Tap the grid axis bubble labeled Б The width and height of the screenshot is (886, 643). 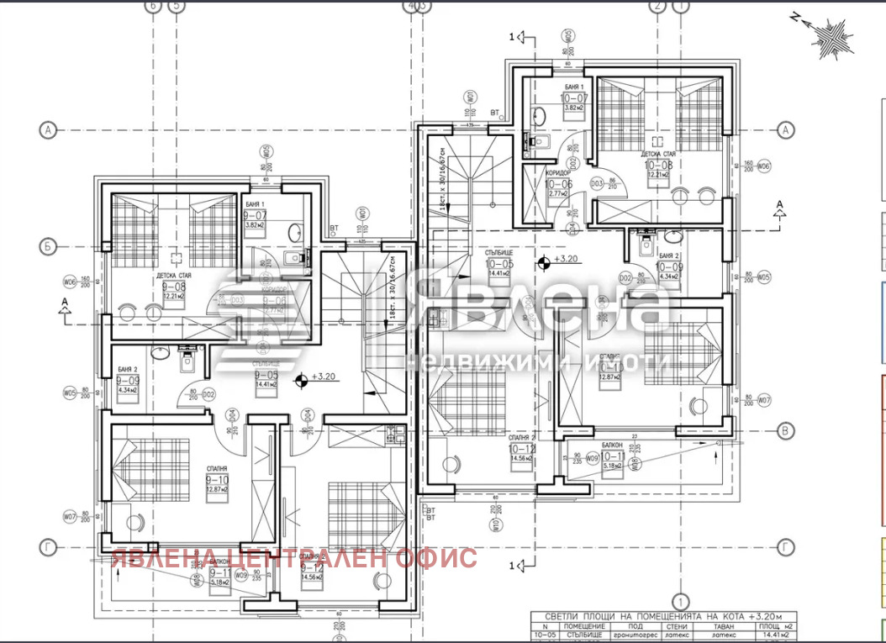point(48,247)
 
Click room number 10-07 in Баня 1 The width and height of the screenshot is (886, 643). point(577,98)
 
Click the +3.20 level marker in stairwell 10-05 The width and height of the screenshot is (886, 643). point(544,261)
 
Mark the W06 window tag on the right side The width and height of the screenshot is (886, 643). point(762,166)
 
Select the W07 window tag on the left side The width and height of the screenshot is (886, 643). point(70,516)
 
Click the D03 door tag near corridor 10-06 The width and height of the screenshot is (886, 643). point(597,182)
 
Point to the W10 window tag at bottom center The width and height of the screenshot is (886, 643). point(497,526)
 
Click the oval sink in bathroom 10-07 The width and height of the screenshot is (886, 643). point(541,115)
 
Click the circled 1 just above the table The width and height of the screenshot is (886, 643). point(681,603)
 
